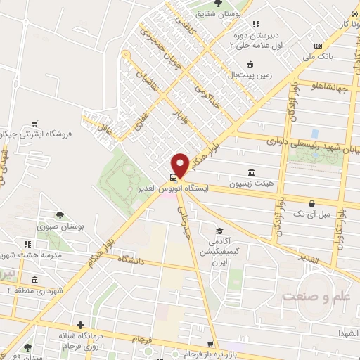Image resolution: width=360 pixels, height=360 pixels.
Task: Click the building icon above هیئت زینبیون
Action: point(251,172)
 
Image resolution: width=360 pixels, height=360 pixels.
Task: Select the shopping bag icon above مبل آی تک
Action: point(311,203)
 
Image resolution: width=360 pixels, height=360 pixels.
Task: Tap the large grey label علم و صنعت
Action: point(316,296)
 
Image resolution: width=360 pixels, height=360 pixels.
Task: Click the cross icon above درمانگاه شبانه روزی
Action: point(82,326)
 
